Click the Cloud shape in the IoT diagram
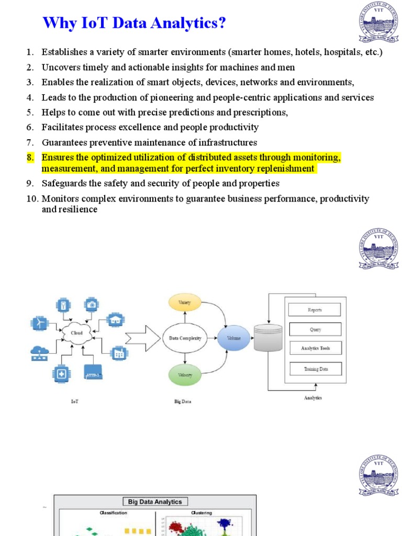pyautogui.click(x=76, y=332)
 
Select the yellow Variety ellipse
pyautogui.click(x=184, y=303)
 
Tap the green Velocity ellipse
pyautogui.click(x=184, y=375)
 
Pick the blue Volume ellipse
pyautogui.click(x=233, y=338)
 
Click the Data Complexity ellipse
pyautogui.click(x=185, y=338)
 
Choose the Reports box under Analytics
pyautogui.click(x=315, y=310)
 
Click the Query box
pyautogui.click(x=315, y=330)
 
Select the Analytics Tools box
pyautogui.click(x=315, y=348)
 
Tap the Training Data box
pyautogui.click(x=316, y=369)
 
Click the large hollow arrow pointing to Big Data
pyautogui.click(x=144, y=338)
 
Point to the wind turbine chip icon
pyautogui.click(x=39, y=323)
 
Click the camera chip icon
pyautogui.click(x=92, y=304)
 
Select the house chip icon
pyautogui.click(x=115, y=320)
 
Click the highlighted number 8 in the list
pyautogui.click(x=30, y=158)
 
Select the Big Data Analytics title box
pyautogui.click(x=155, y=501)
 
